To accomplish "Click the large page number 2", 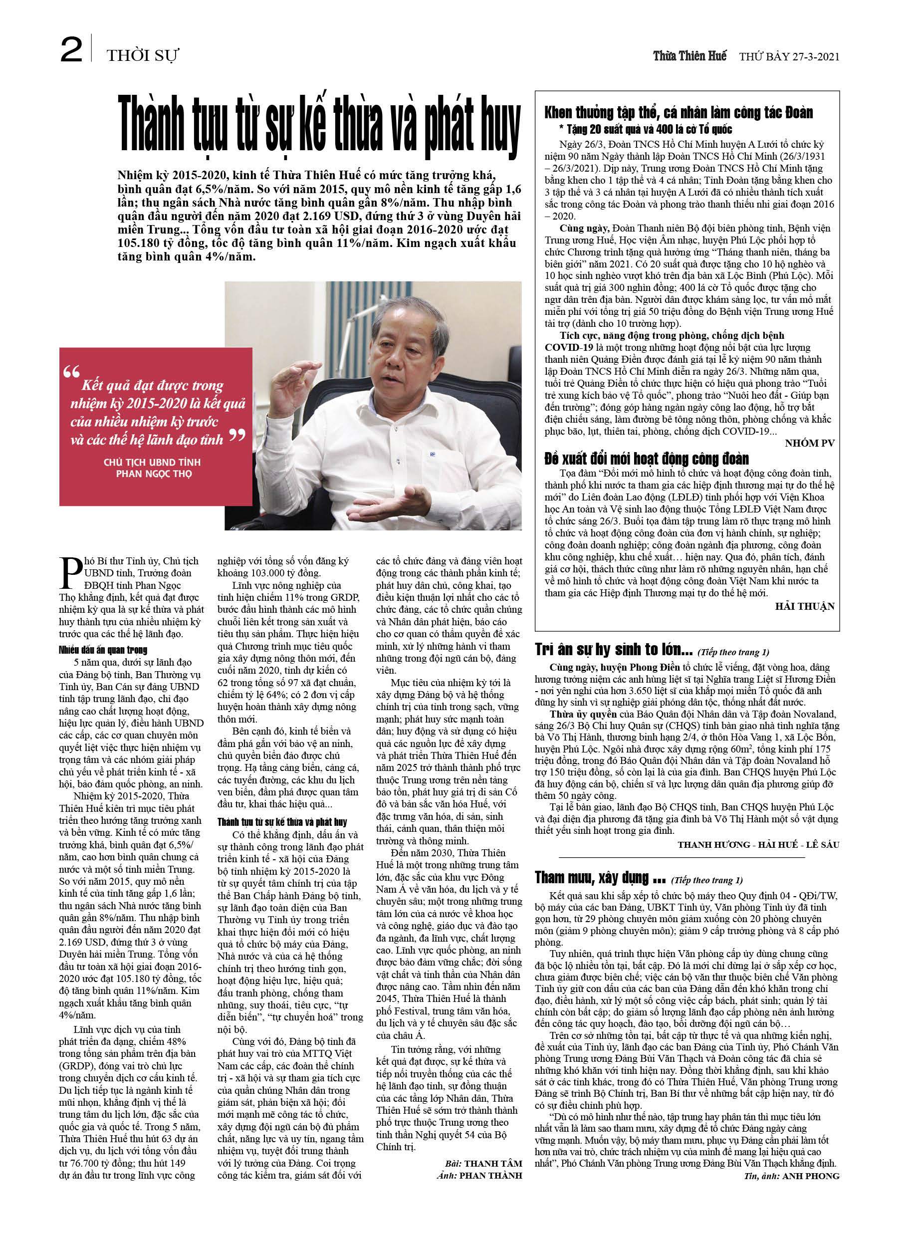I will pyautogui.click(x=71, y=50).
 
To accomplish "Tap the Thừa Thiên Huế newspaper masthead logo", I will pyautogui.click(x=689, y=56).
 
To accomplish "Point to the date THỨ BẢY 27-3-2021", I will pyautogui.click(x=789, y=57).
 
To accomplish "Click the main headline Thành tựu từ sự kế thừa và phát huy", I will pyautogui.click(x=319, y=125).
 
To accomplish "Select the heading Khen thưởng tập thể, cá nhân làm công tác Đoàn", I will pyautogui.click(x=678, y=113).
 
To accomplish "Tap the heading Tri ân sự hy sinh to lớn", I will pyautogui.click(x=614, y=650).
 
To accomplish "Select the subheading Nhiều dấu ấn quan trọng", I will pyautogui.click(x=103, y=650).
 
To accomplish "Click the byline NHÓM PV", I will pyautogui.click(x=810, y=443).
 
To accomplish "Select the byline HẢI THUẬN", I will pyautogui.click(x=805, y=606).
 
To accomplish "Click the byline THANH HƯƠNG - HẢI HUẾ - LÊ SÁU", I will pyautogui.click(x=758, y=844).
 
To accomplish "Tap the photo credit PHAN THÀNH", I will pyautogui.click(x=490, y=1175).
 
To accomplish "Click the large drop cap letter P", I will pyautogui.click(x=70, y=573).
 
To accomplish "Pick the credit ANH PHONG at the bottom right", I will pyautogui.click(x=811, y=1176).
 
